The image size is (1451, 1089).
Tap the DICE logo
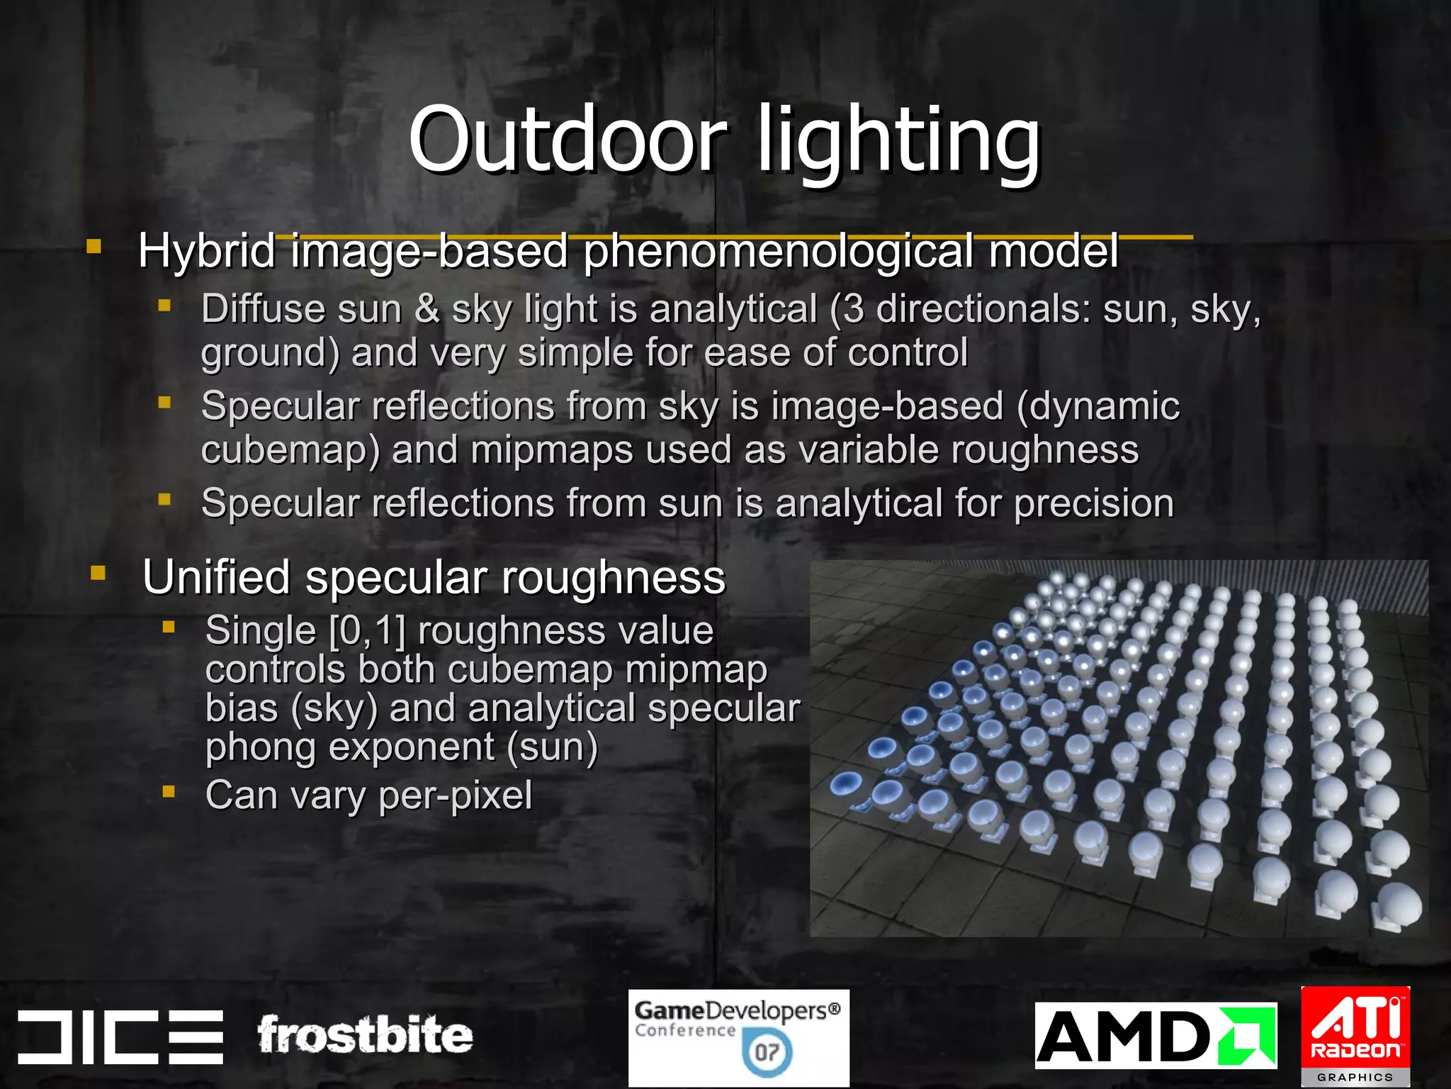coord(120,1037)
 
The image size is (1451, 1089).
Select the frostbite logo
coord(365,1035)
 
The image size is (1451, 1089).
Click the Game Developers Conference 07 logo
coord(738,1037)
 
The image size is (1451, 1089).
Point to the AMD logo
coord(1155,1035)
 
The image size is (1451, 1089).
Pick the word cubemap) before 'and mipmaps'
coord(290,451)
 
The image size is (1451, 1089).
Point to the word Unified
coord(216,577)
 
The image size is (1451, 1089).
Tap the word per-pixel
coord(456,795)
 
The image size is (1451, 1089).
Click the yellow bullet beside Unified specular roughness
coord(98,573)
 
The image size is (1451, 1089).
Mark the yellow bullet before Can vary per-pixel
coord(168,791)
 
